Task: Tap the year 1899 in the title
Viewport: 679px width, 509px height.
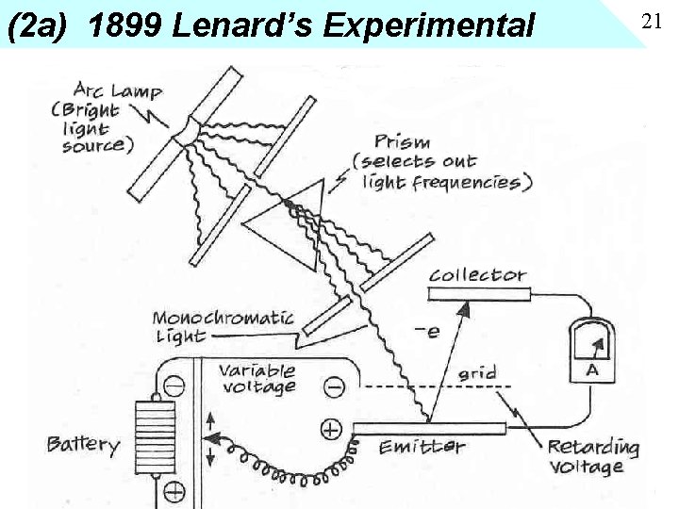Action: click(125, 25)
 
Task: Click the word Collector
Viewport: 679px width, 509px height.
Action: click(477, 275)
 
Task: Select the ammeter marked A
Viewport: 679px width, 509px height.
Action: click(591, 350)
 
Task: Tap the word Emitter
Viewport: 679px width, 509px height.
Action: click(422, 447)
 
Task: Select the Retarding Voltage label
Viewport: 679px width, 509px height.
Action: click(593, 456)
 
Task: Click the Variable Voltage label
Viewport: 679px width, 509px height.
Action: click(257, 378)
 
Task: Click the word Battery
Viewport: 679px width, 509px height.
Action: click(84, 445)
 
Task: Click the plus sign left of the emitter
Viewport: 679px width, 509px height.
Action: click(331, 430)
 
